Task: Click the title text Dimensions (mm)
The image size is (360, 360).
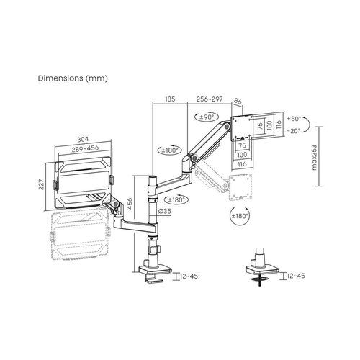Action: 73,78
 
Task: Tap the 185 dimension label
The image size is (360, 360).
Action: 170,99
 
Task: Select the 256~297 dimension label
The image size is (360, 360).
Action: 210,99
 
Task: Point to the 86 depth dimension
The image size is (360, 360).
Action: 238,102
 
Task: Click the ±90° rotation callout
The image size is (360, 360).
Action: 207,117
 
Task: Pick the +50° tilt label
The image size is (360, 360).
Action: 294,119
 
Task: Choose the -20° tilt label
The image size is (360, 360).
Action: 294,131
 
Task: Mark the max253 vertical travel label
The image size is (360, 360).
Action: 314,157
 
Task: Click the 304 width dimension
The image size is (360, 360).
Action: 83,139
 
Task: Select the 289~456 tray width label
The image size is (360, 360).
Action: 85,149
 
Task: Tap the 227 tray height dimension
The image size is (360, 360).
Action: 42,184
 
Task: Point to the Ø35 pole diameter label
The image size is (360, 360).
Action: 165,211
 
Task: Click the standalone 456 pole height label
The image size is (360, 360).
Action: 130,204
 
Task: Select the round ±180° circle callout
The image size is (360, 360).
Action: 239,216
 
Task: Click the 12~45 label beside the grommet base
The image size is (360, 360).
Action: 296,276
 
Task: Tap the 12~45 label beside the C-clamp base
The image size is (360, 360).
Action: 189,276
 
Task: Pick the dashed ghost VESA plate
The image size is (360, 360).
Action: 240,187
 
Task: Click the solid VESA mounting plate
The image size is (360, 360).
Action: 241,129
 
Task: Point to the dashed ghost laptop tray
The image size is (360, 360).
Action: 80,235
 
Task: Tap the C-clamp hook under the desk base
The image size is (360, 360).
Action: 153,279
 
